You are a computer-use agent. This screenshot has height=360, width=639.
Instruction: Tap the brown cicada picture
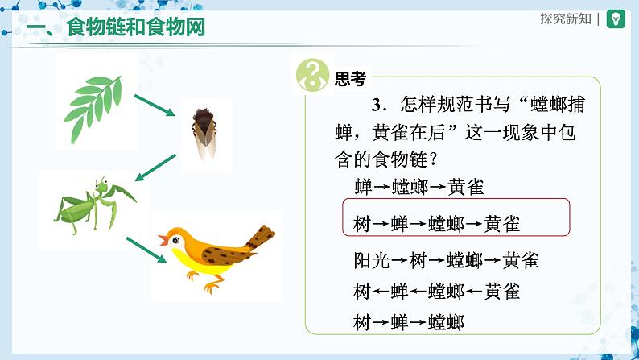[x=204, y=134]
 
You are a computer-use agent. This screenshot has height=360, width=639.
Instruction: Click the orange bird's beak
[x=163, y=240]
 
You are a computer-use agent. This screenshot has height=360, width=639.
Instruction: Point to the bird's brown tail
[x=261, y=237]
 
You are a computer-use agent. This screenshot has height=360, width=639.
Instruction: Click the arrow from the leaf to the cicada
[x=155, y=106]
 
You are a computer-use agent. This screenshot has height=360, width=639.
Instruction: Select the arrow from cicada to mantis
[x=155, y=168]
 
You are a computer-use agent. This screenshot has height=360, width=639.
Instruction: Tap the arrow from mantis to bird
[x=146, y=250]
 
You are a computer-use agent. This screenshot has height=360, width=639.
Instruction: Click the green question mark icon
[x=312, y=75]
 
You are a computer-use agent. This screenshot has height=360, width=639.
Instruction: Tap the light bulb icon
[x=616, y=19]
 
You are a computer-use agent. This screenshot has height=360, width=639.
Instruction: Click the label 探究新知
[x=566, y=19]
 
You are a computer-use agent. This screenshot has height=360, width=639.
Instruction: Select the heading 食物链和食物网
[x=135, y=27]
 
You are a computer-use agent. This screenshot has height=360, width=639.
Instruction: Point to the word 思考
[x=350, y=79]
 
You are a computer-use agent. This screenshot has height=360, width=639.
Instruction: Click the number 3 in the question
[x=377, y=106]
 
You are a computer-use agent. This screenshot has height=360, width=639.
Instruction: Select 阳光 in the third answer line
[x=372, y=260]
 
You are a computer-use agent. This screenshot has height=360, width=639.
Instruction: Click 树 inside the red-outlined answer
[x=362, y=224]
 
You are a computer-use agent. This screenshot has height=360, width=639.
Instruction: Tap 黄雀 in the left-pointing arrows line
[x=501, y=292]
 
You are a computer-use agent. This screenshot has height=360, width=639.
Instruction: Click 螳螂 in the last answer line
[x=446, y=322]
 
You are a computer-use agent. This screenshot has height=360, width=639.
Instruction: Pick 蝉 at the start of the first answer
[x=364, y=188]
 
